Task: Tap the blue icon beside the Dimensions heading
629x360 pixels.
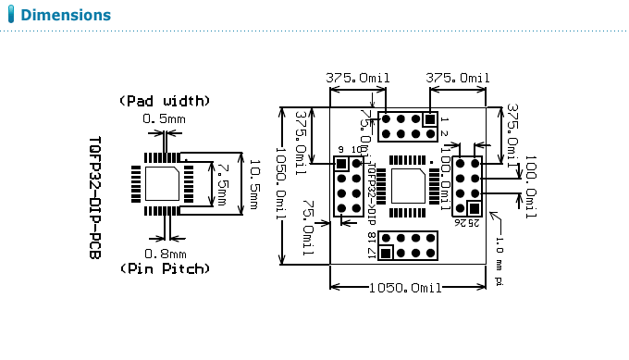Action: (11, 16)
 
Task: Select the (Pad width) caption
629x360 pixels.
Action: (165, 100)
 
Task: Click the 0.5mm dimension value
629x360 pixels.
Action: (165, 119)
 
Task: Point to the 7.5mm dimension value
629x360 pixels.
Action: (222, 184)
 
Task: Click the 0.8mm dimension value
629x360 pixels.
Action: (165, 253)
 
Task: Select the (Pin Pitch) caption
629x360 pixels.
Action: (165, 268)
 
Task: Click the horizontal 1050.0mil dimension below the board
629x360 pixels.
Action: (407, 289)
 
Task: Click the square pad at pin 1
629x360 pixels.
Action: (428, 119)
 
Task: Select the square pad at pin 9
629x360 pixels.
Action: (341, 164)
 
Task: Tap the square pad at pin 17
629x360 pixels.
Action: (387, 253)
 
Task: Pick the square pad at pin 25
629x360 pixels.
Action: (474, 208)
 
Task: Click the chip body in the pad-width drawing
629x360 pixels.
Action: (163, 184)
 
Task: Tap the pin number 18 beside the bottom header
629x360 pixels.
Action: (372, 238)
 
